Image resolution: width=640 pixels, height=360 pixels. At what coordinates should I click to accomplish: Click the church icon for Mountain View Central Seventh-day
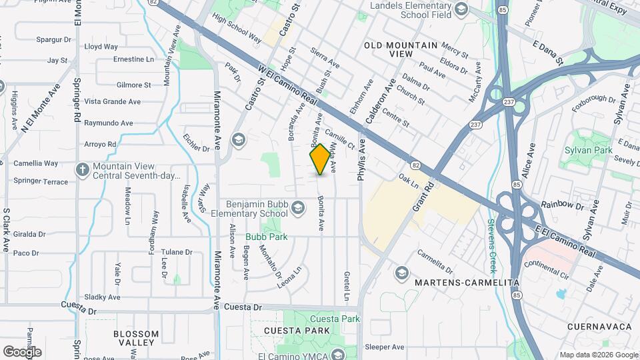pyautogui.click(x=82, y=170)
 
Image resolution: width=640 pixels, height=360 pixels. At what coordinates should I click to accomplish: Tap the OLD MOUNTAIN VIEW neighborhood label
pyautogui.click(x=401, y=49)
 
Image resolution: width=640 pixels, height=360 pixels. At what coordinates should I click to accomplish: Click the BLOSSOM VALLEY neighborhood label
pyautogui.click(x=136, y=338)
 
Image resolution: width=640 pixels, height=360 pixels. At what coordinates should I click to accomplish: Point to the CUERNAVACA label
pyautogui.click(x=599, y=327)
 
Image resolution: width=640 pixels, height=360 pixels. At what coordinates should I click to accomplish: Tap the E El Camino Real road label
pyautogui.click(x=565, y=239)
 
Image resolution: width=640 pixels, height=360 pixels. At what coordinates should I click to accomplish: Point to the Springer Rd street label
pyautogui.click(x=77, y=107)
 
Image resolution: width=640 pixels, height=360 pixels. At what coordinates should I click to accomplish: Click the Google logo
pyautogui.click(x=22, y=351)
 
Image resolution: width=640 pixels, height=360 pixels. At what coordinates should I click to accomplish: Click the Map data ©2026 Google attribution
pyautogui.click(x=597, y=355)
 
